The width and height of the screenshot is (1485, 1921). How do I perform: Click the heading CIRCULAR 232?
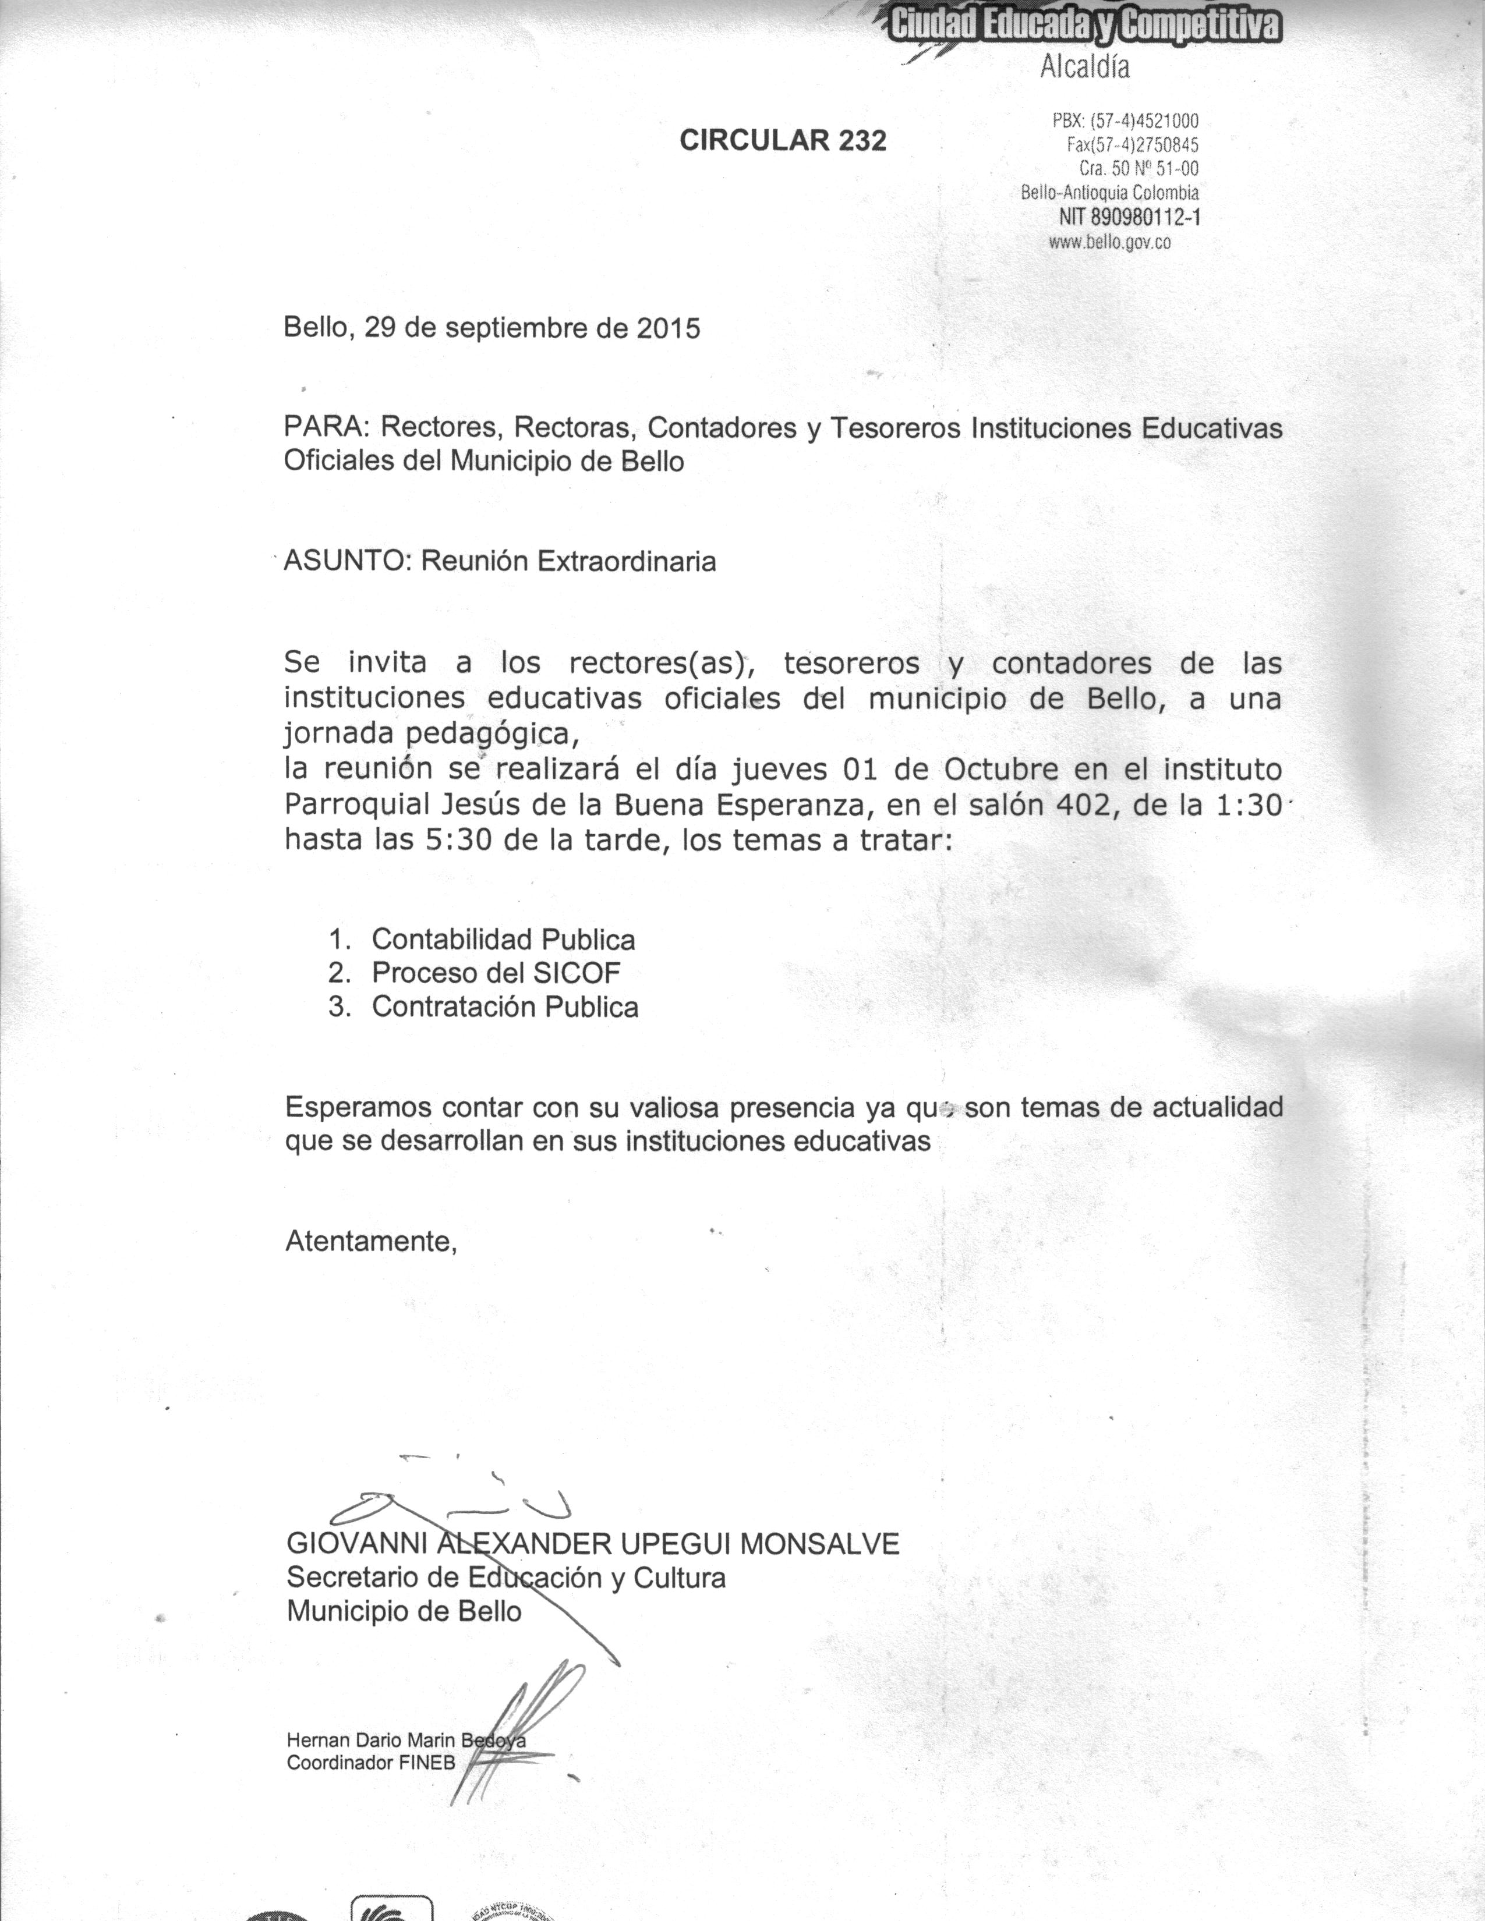tap(782, 140)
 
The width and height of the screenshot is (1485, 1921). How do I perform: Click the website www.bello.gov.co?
tap(1109, 242)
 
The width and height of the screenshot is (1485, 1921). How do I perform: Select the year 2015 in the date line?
tap(669, 328)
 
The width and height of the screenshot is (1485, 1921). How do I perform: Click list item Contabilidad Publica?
tap(503, 940)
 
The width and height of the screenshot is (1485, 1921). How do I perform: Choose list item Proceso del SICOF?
tap(496, 973)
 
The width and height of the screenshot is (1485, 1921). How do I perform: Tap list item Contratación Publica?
tap(504, 1006)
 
